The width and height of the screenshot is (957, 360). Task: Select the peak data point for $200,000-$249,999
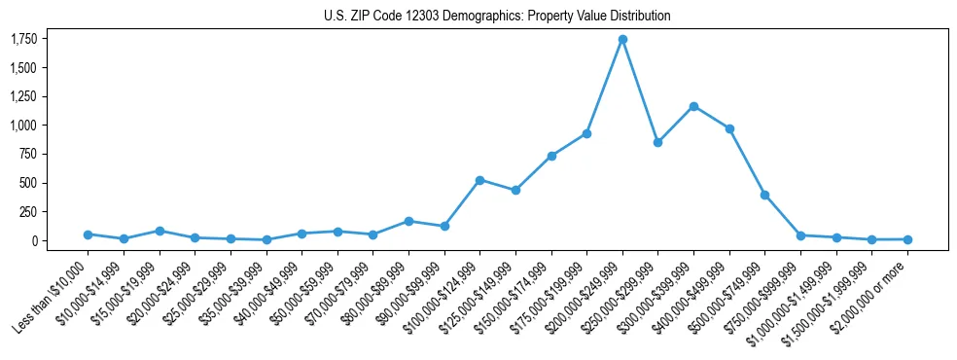(x=622, y=39)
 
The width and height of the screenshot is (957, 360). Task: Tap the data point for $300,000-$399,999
(x=693, y=106)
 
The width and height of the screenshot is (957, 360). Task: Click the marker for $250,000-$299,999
(x=657, y=142)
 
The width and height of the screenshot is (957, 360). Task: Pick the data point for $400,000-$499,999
(x=729, y=128)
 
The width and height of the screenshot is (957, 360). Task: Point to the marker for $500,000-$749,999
(x=764, y=195)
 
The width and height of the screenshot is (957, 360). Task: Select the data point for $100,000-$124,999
(x=479, y=180)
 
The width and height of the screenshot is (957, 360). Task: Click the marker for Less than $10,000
(x=88, y=234)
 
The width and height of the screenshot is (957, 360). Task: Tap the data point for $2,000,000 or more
(x=907, y=239)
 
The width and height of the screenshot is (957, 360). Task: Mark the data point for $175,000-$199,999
(x=586, y=133)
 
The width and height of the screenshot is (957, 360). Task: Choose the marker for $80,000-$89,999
(x=408, y=221)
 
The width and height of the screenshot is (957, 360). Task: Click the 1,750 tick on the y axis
(x=23, y=39)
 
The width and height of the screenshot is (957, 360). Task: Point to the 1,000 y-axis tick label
(x=23, y=126)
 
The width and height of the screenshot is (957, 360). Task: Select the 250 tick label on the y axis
(x=28, y=212)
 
